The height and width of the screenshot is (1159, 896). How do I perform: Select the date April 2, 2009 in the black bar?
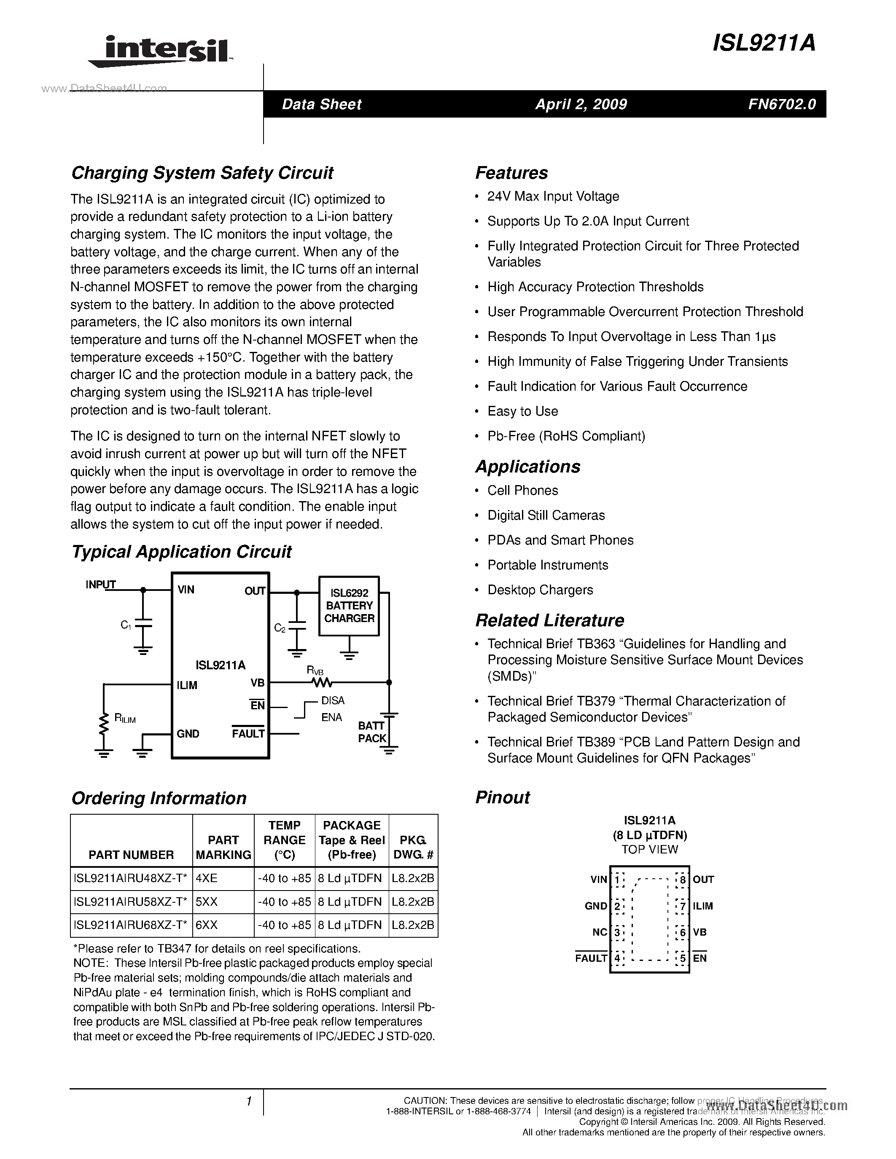tap(581, 104)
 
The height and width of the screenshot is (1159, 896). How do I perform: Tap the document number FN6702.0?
tap(782, 104)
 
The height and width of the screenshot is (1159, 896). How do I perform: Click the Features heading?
tap(511, 173)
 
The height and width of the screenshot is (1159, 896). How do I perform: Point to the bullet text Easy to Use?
tap(522, 411)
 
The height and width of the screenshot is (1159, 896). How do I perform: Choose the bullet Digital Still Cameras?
tap(546, 515)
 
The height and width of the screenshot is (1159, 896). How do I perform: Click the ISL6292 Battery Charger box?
tap(349, 606)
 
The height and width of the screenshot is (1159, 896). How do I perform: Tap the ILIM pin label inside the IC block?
tap(187, 686)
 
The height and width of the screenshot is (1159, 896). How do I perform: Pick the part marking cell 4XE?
tap(207, 878)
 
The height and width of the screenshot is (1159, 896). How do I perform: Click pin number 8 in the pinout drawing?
tap(683, 880)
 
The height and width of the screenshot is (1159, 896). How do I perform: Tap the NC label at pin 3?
tap(599, 932)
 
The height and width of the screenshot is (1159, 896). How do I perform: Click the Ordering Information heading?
tap(159, 798)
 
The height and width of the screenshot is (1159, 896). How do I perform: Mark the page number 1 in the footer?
tap(248, 1102)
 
